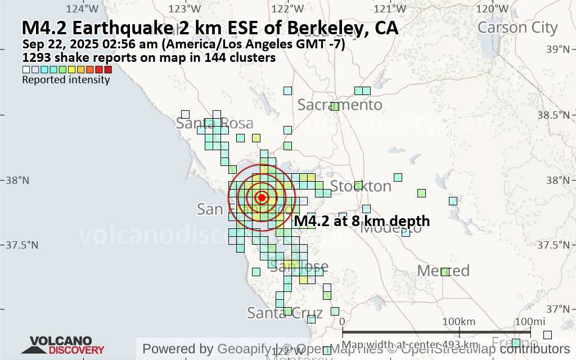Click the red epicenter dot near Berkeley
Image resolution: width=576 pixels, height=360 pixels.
point(262,197)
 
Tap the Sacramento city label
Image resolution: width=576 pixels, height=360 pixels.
point(340,105)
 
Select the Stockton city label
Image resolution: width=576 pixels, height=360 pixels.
point(361,186)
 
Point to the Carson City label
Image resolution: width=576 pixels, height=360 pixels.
point(517,28)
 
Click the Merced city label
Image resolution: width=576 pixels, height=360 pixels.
point(443,271)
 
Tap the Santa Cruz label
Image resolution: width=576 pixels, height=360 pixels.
point(285,313)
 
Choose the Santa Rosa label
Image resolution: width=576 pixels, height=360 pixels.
point(210,123)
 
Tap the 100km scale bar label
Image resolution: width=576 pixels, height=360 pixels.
point(459,321)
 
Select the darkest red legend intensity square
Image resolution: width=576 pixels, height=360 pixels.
point(109,70)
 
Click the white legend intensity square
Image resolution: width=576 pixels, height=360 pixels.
point(26,70)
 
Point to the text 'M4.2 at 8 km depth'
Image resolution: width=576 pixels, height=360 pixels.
point(362,221)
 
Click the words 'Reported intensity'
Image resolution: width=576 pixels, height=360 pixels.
point(66,80)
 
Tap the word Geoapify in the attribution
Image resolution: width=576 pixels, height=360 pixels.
point(244,349)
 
